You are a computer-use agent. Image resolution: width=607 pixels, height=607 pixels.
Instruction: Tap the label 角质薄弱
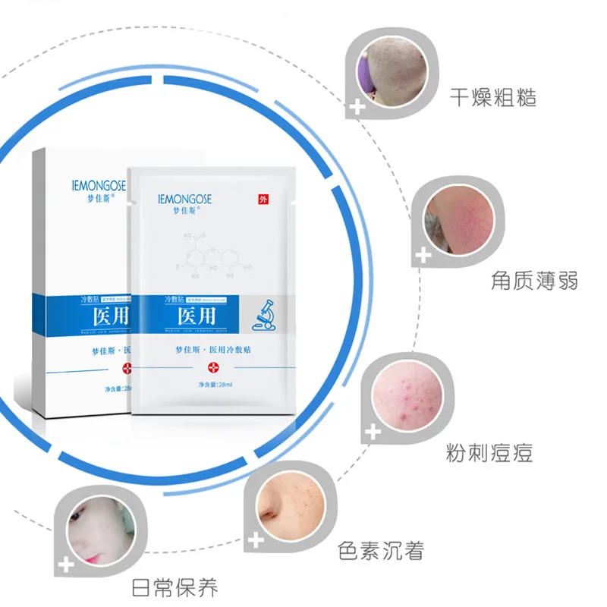point(535,280)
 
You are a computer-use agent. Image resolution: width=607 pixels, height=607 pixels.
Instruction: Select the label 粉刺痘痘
point(489,453)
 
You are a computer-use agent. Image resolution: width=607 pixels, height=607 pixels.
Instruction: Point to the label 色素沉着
point(380,551)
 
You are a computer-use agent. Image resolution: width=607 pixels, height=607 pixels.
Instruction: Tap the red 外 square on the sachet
point(263,200)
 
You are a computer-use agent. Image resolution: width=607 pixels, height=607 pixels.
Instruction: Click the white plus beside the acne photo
point(373,432)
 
